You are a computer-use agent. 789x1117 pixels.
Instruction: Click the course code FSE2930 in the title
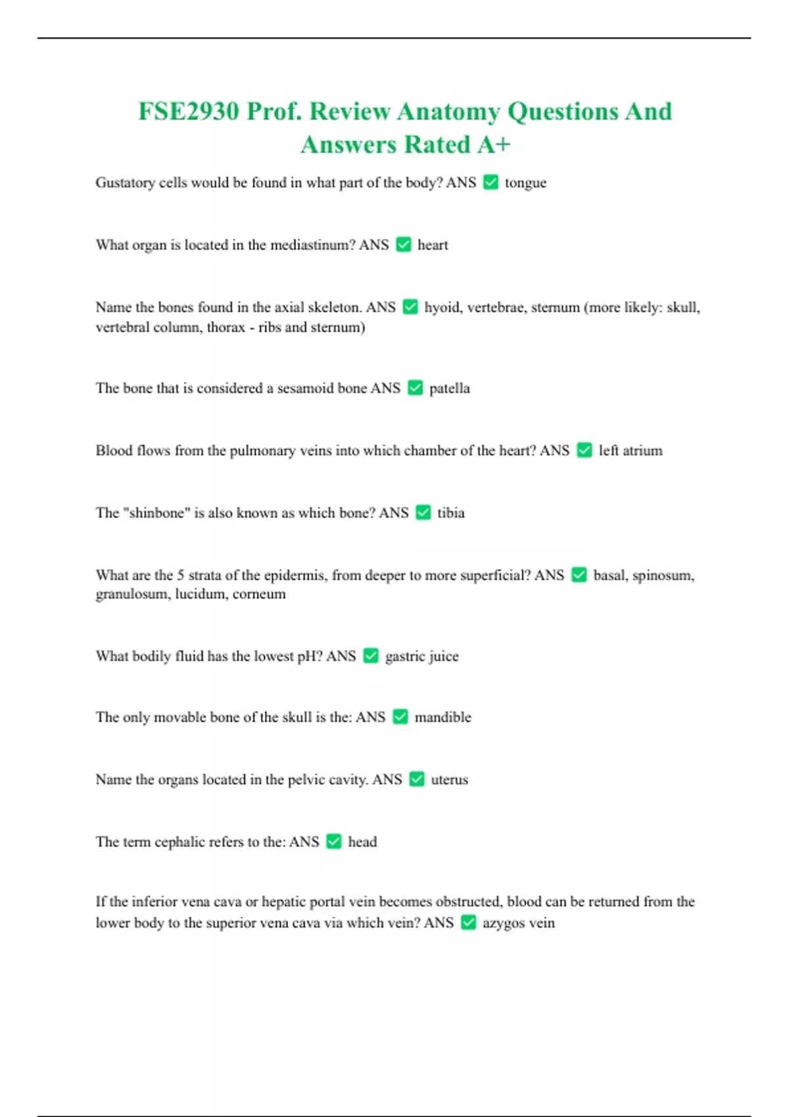(x=188, y=112)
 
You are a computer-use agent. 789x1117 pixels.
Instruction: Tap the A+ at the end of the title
(x=494, y=145)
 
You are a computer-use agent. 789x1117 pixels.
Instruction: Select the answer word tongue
(x=525, y=183)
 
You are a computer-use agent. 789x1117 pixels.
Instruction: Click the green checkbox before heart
(x=404, y=245)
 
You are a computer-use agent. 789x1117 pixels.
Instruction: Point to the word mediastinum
(x=310, y=245)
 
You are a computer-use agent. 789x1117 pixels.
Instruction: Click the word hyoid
(x=442, y=308)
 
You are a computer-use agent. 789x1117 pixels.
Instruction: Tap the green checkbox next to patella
(x=415, y=388)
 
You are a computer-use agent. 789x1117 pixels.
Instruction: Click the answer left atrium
(x=630, y=451)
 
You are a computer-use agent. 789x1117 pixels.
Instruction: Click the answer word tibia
(x=451, y=513)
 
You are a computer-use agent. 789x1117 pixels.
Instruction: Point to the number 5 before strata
(x=180, y=576)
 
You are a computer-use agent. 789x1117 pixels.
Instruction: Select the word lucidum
(x=200, y=594)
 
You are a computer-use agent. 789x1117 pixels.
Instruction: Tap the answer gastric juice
(x=421, y=656)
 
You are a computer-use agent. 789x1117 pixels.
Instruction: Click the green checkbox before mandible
(x=400, y=717)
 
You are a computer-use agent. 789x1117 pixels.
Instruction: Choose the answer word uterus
(x=450, y=780)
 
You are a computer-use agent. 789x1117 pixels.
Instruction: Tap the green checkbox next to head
(x=334, y=842)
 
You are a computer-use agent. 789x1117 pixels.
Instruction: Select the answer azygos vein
(x=518, y=923)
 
